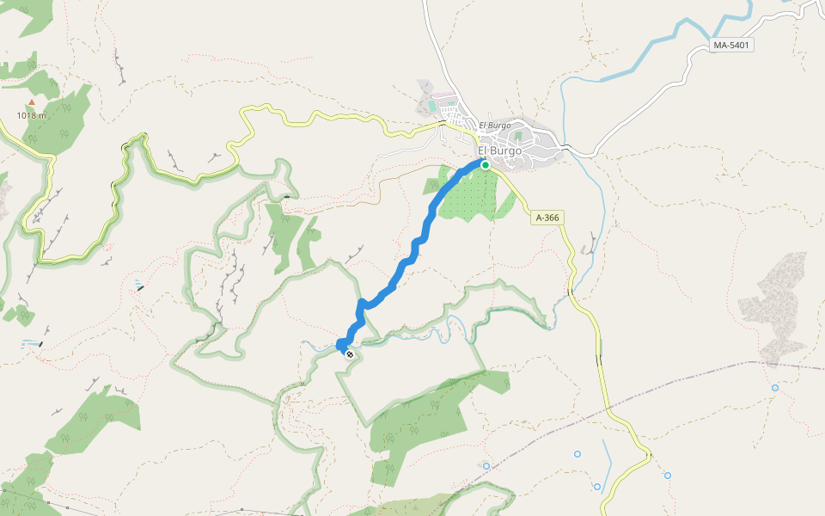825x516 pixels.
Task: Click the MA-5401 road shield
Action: (x=732, y=45)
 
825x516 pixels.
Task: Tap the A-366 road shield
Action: (x=547, y=218)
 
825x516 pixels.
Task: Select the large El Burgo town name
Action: (x=499, y=150)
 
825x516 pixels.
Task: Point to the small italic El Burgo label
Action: (x=495, y=126)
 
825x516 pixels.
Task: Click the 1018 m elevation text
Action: (x=31, y=114)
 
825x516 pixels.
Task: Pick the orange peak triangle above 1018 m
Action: (x=32, y=102)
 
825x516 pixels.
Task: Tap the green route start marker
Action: (x=485, y=165)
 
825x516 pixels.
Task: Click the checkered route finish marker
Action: (x=349, y=353)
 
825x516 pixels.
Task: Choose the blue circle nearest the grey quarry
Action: (x=775, y=388)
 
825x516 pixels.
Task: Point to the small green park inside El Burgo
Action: (x=517, y=136)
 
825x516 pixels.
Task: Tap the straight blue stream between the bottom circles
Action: (x=607, y=464)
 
